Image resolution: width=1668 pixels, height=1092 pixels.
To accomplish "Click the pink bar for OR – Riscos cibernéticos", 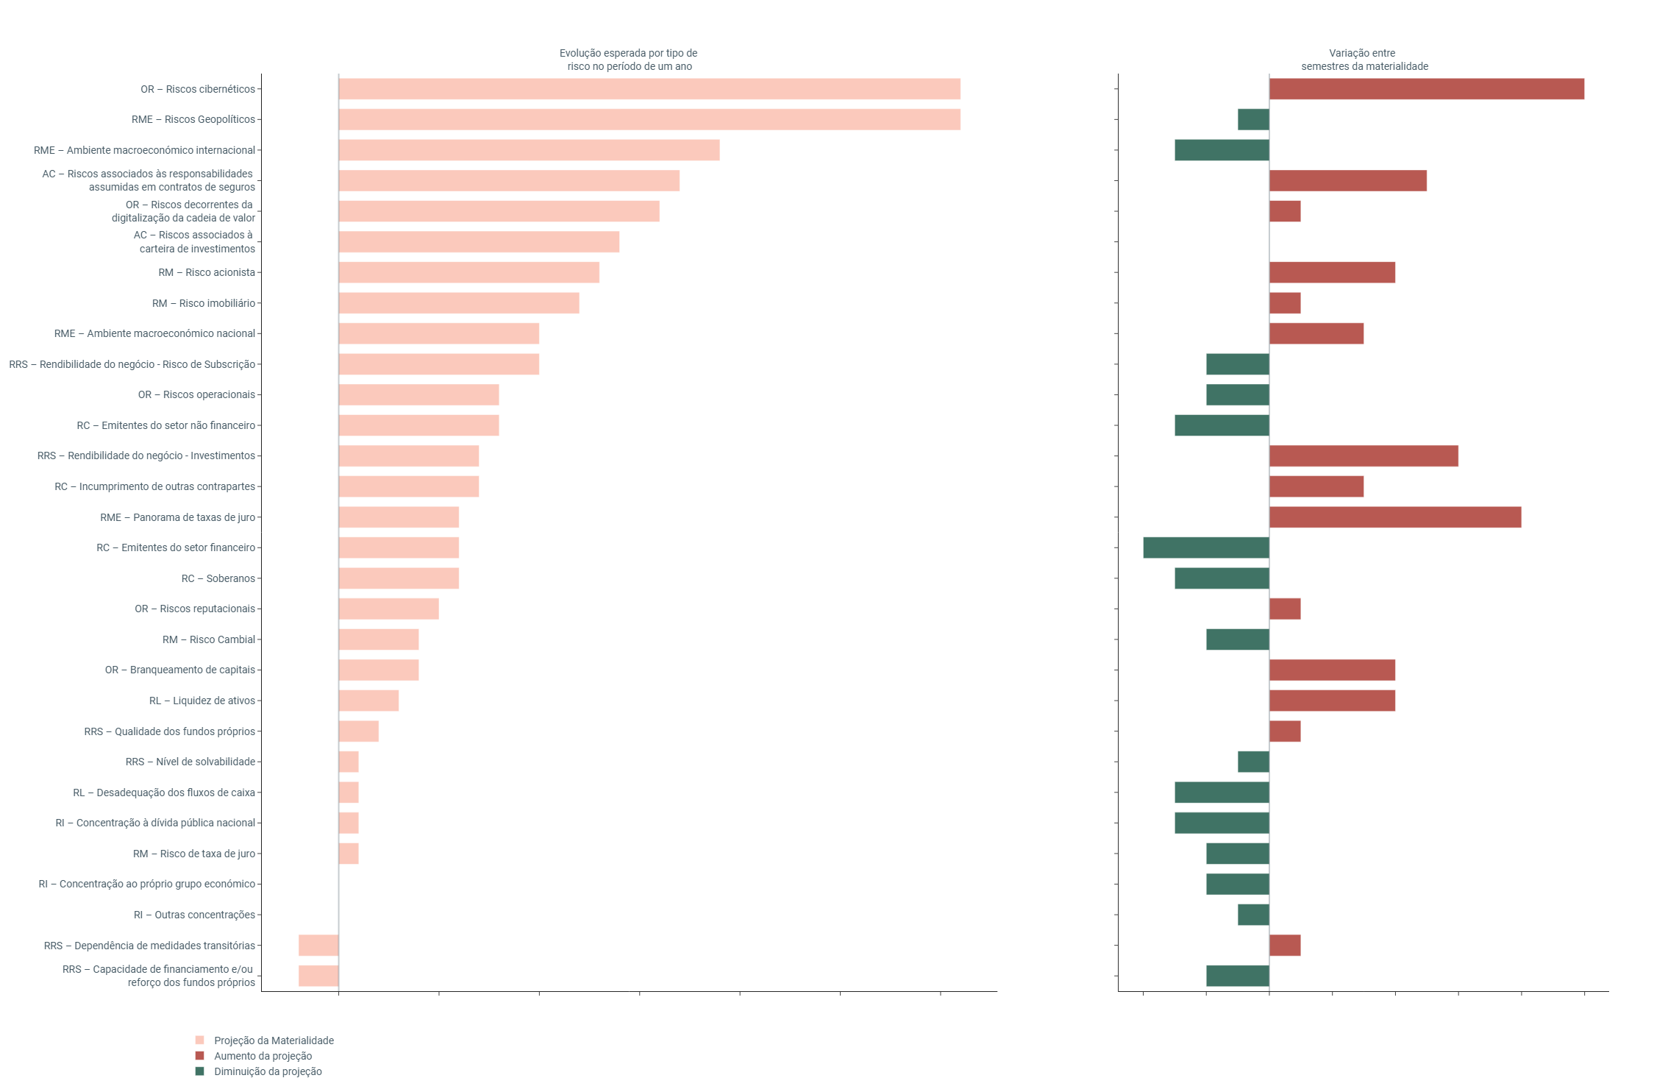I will pos(649,89).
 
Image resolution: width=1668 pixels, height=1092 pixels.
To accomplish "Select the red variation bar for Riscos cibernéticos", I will pos(1426,89).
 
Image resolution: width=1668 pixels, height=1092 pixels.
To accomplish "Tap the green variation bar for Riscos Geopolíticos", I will pos(1253,119).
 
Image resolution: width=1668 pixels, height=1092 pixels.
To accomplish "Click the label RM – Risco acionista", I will pos(207,272).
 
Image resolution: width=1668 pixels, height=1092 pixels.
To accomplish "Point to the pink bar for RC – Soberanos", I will pos(399,578).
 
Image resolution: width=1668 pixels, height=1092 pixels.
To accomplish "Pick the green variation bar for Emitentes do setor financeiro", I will pos(1206,547).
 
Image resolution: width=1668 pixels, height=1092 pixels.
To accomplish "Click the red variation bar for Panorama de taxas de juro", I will pos(1394,517).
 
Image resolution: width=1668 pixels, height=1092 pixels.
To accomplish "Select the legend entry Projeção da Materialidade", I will pos(274,1040).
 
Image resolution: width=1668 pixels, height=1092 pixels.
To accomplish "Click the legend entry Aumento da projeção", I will pos(263,1056).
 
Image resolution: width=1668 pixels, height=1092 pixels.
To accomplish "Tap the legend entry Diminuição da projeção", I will pos(268,1071).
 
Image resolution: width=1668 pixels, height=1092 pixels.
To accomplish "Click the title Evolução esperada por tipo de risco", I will pos(629,60).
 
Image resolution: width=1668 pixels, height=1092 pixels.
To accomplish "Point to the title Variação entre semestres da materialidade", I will pos(1364,60).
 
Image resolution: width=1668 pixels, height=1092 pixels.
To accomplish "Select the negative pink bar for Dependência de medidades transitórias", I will pos(318,946).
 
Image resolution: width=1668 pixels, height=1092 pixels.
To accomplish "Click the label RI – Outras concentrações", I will pos(194,915).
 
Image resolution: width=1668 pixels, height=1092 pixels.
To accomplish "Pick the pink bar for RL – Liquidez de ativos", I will pos(368,701).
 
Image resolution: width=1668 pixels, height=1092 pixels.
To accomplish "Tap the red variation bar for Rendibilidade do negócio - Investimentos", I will pos(1364,455).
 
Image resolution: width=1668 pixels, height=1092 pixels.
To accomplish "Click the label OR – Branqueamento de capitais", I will pos(180,670).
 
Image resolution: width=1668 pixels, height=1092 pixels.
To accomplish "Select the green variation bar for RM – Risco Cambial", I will pos(1237,639).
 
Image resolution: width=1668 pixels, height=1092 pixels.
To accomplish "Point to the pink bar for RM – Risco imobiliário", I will pos(459,303).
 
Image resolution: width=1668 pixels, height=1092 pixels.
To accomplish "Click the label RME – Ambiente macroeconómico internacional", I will pos(144,150).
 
